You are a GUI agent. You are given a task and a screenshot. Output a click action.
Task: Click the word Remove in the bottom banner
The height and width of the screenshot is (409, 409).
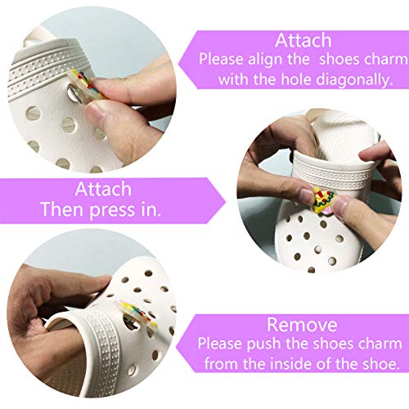[x=302, y=325]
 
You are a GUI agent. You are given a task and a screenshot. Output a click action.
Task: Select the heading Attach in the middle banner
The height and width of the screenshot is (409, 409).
[x=103, y=189]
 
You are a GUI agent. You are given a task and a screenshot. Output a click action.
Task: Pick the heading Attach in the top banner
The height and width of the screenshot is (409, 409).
[x=303, y=40]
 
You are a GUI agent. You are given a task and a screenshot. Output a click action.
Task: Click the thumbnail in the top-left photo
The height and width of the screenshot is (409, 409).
[x=95, y=111]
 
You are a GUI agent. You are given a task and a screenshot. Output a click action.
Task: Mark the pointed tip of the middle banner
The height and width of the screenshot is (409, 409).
[x=226, y=201]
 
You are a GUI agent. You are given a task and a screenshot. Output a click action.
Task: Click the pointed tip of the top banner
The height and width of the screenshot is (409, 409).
[x=178, y=65]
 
